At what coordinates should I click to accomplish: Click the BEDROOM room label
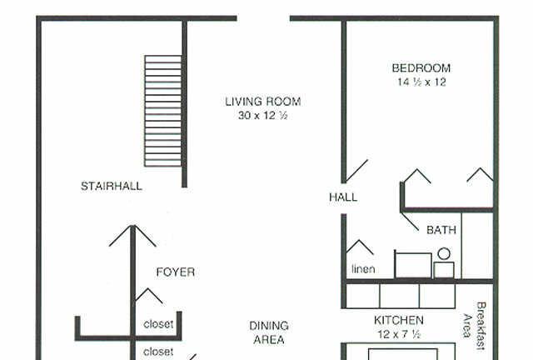coord(421,68)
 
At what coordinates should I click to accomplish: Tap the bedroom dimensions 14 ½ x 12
coord(421,82)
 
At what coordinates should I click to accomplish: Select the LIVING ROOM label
coord(263,102)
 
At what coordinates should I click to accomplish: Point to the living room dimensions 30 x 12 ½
coord(263,115)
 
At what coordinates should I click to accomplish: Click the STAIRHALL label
coord(112,186)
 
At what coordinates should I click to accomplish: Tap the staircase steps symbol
coord(163,111)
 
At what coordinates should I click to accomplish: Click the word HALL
coord(343,197)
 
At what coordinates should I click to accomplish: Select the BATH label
coord(441,230)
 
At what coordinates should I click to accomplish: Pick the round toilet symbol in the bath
coord(444,254)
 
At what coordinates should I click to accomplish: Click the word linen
coord(363,269)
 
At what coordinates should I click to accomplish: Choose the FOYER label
coord(176,272)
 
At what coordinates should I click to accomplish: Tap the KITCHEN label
coord(399,320)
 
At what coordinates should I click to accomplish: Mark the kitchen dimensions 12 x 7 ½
coord(399,334)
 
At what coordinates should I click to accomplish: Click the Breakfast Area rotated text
coord(474,326)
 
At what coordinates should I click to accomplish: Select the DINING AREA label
coord(269,332)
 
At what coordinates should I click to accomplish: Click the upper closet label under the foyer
coord(158,324)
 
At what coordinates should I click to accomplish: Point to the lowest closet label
coord(158,352)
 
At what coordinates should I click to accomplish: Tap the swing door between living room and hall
coord(356,171)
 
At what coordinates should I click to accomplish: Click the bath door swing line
coord(410,222)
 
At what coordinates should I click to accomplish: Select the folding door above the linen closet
coord(360,247)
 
